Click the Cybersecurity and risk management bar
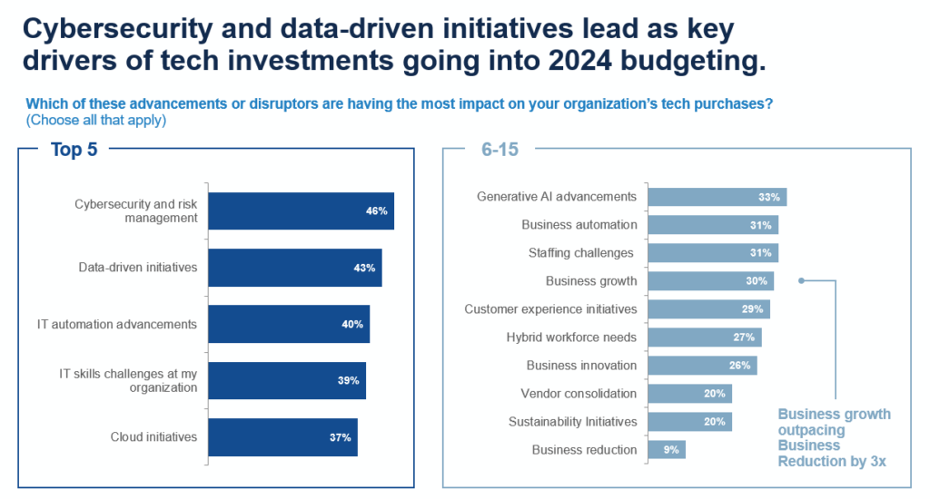click(x=301, y=210)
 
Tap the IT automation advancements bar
click(x=289, y=324)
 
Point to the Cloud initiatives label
click(x=153, y=436)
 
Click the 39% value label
click(x=349, y=381)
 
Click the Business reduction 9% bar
click(x=667, y=450)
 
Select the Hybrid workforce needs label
click(x=571, y=338)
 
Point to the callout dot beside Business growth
click(x=801, y=280)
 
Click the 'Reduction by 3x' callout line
click(x=831, y=462)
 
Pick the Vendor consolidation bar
click(x=689, y=394)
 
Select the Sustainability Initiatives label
click(x=572, y=422)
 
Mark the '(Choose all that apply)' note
click(x=96, y=120)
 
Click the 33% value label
click(x=769, y=197)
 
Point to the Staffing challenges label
click(x=580, y=253)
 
